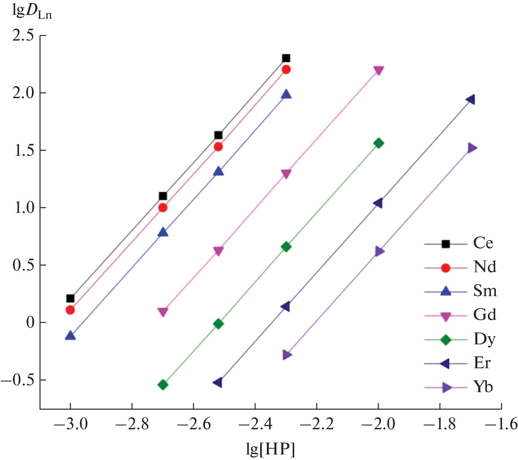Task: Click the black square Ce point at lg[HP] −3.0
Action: (x=70, y=298)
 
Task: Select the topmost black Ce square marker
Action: (x=286, y=58)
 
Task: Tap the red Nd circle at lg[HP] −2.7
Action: (x=163, y=208)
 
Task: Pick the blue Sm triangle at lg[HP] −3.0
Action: (x=70, y=335)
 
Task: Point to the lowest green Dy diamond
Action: (x=163, y=384)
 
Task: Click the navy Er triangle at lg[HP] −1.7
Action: (x=470, y=100)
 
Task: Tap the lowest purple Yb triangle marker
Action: (x=287, y=355)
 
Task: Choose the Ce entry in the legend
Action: (x=483, y=244)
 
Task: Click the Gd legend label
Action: (x=485, y=315)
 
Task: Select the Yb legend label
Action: (x=483, y=387)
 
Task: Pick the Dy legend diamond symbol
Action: (x=446, y=340)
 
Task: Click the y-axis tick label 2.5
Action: (x=23, y=35)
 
